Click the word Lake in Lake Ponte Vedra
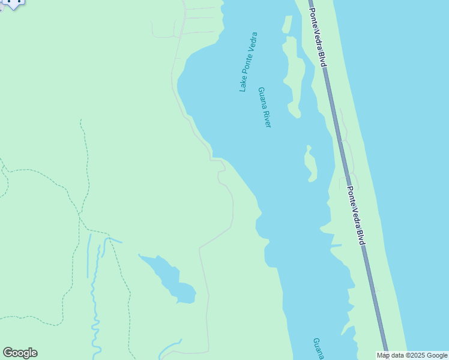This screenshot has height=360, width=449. tap(243, 85)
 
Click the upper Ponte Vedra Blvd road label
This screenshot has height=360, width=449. tap(318, 34)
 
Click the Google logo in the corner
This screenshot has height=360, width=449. tap(20, 353)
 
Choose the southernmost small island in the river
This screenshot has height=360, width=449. tap(310, 163)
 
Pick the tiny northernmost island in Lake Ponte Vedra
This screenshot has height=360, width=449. tap(287, 24)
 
